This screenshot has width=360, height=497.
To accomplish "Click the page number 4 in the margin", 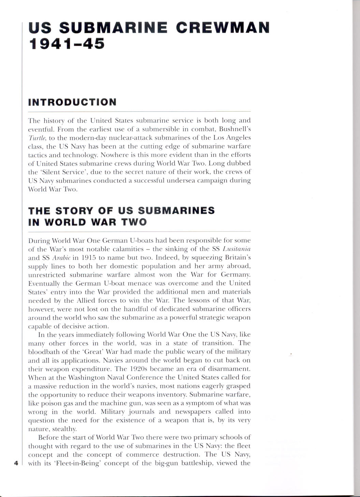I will [x=16, y=463].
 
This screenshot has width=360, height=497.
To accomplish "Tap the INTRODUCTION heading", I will [x=72, y=102].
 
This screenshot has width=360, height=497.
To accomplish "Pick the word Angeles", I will [x=238, y=138].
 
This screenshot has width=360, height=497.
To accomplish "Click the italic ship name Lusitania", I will [x=236, y=249].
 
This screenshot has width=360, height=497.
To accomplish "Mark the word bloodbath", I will [x=44, y=352].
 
